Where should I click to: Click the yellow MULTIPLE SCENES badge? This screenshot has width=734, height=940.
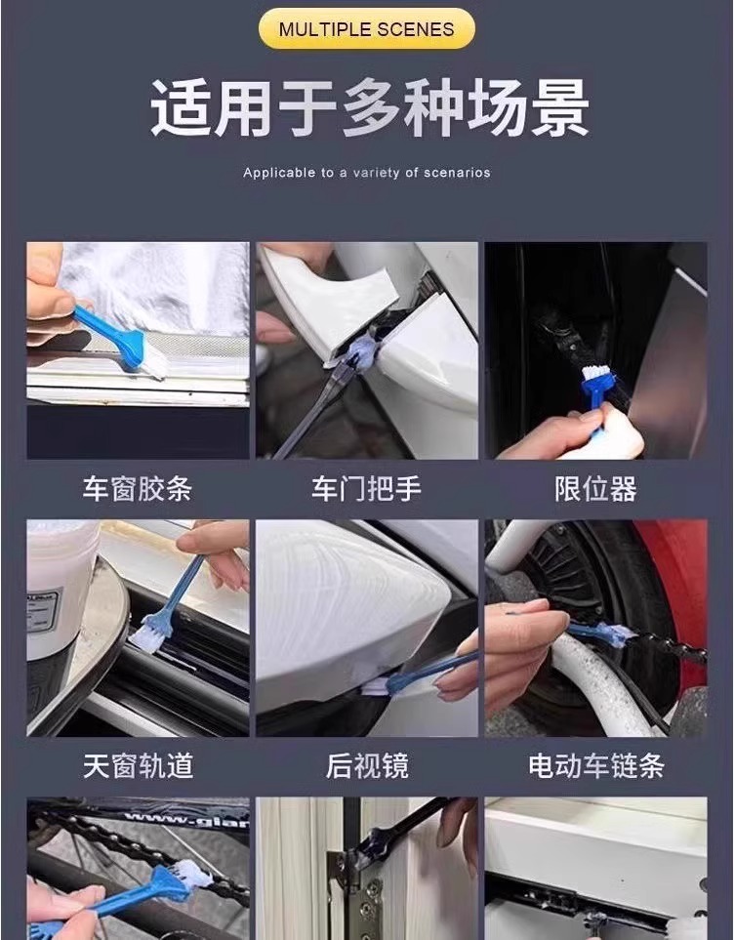click(366, 28)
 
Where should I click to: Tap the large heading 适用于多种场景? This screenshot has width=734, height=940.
click(369, 108)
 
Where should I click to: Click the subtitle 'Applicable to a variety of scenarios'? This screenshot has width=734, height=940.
click(366, 173)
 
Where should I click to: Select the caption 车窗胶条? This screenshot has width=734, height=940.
click(138, 489)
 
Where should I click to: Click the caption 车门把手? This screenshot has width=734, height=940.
click(366, 489)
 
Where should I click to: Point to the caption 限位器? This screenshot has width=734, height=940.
click(595, 489)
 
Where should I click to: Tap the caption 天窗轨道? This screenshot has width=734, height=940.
click(138, 766)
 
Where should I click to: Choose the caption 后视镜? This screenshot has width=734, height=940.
click(367, 766)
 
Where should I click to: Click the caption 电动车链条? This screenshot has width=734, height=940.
click(596, 766)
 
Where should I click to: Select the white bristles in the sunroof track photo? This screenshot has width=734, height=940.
click(145, 639)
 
